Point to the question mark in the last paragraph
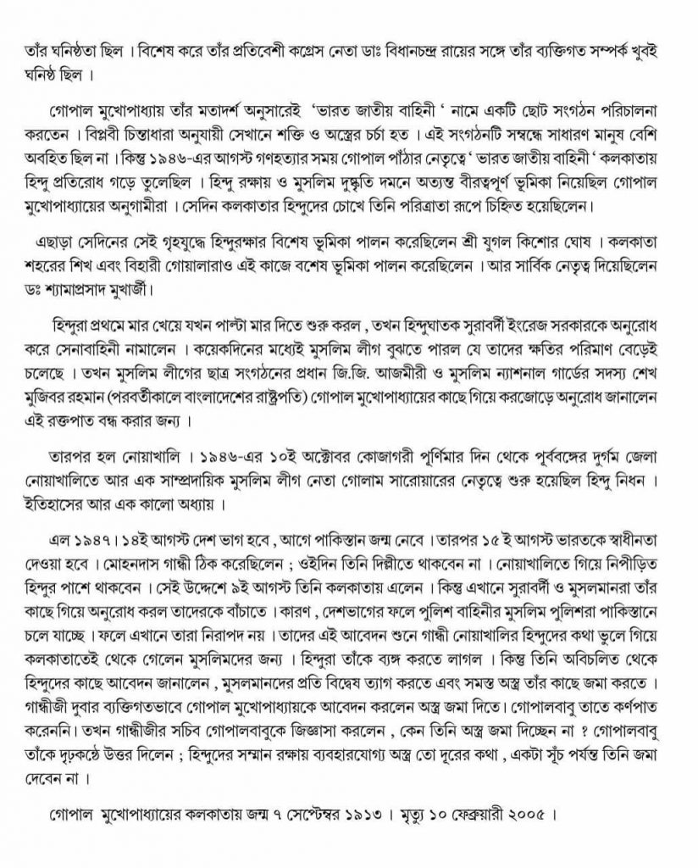coord(563,726)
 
